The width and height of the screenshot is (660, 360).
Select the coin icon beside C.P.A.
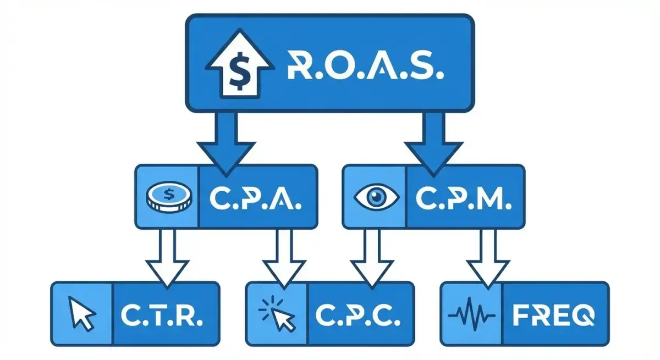click(x=169, y=197)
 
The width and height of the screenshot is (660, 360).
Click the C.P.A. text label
click(x=256, y=197)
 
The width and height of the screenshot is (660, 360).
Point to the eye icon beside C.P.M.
click(x=375, y=197)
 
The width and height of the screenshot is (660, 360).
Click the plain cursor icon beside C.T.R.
click(x=82, y=314)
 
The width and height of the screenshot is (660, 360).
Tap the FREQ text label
click(x=553, y=314)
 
